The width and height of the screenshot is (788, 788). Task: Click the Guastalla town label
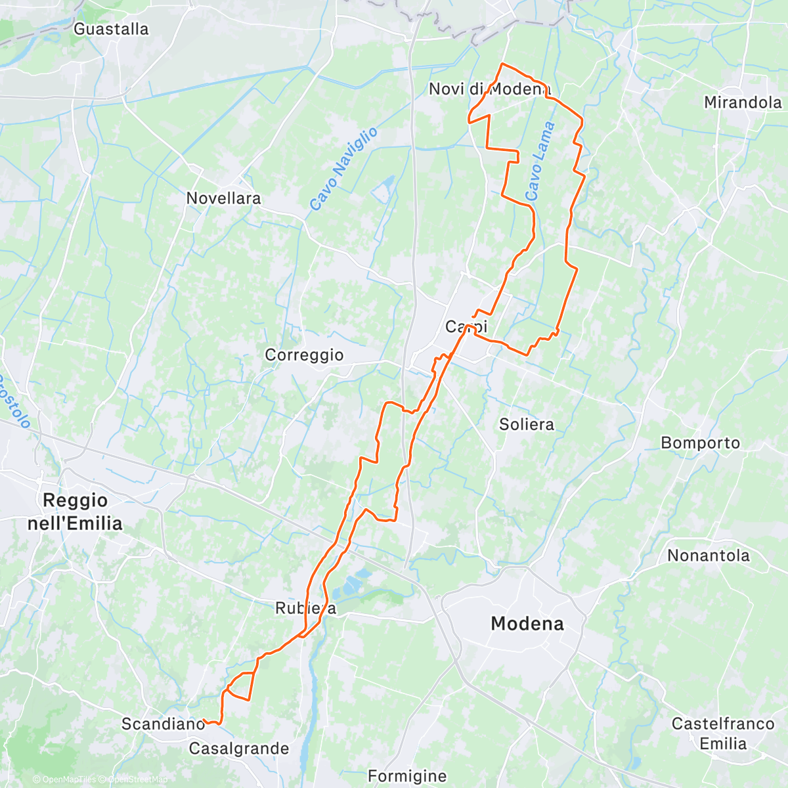[111, 29]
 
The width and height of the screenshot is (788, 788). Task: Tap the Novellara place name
[223, 198]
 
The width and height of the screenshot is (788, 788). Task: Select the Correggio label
[304, 355]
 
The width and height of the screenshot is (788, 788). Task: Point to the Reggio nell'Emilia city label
[75, 512]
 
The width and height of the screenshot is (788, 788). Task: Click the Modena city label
[527, 623]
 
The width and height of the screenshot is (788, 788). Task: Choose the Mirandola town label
[743, 102]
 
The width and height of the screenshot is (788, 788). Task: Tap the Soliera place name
[526, 424]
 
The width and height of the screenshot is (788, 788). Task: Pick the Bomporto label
[700, 443]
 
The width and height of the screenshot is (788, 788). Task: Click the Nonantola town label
[708, 556]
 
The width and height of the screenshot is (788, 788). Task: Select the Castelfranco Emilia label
[722, 733]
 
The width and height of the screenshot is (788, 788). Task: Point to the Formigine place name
[407, 776]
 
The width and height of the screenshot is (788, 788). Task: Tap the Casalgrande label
[238, 749]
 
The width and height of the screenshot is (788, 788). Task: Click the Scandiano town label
[164, 724]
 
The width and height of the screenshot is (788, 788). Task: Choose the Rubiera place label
[305, 609]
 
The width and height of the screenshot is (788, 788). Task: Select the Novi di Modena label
[489, 89]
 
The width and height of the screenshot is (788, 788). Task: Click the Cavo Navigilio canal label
[343, 169]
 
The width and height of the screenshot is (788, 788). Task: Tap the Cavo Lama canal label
[540, 162]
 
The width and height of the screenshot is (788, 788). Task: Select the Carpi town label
[466, 326]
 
